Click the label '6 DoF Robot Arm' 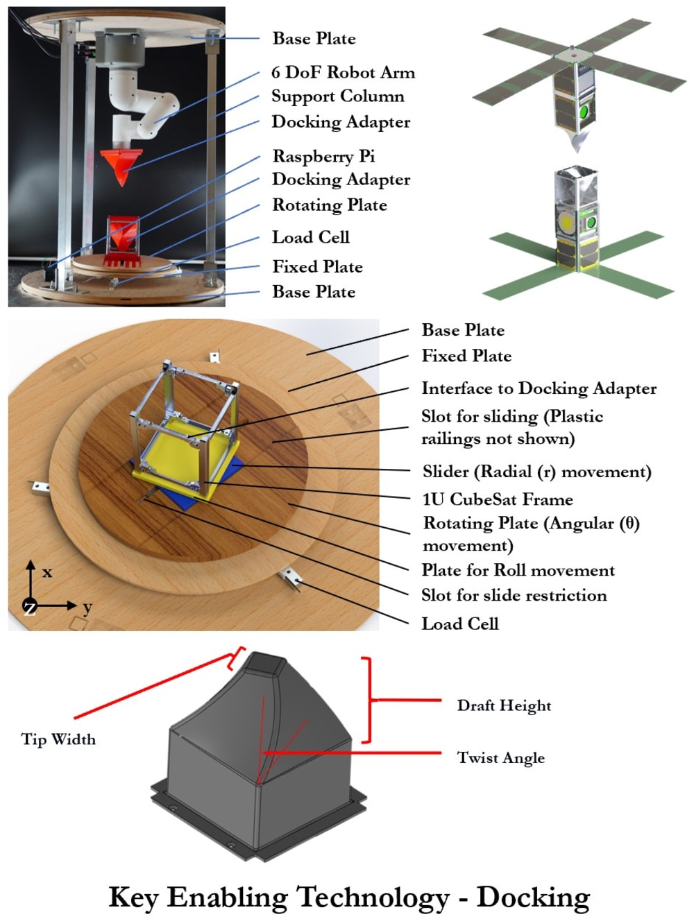pos(343,72)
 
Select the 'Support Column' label pos(337,96)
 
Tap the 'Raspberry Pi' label pos(323,156)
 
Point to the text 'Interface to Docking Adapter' pos(539,388)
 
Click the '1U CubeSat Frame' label pos(498,499)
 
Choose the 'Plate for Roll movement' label pos(518,570)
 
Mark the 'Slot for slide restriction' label pos(514,595)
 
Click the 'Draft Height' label pos(504,705)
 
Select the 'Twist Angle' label pos(500,757)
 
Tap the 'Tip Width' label pos(58,739)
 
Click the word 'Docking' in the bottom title pos(533,897)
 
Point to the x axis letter pos(47,573)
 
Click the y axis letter pos(87,608)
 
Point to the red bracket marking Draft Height pos(368,700)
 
